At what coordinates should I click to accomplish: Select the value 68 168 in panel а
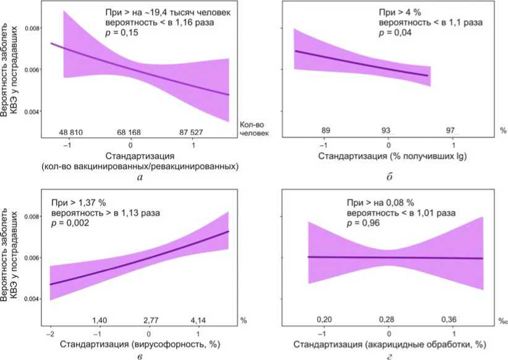point(131,132)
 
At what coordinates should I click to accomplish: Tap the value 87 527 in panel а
point(195,132)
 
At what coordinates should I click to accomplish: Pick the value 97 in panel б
point(451,130)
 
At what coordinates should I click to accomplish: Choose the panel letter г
point(389,354)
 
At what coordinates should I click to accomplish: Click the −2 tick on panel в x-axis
point(49,334)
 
